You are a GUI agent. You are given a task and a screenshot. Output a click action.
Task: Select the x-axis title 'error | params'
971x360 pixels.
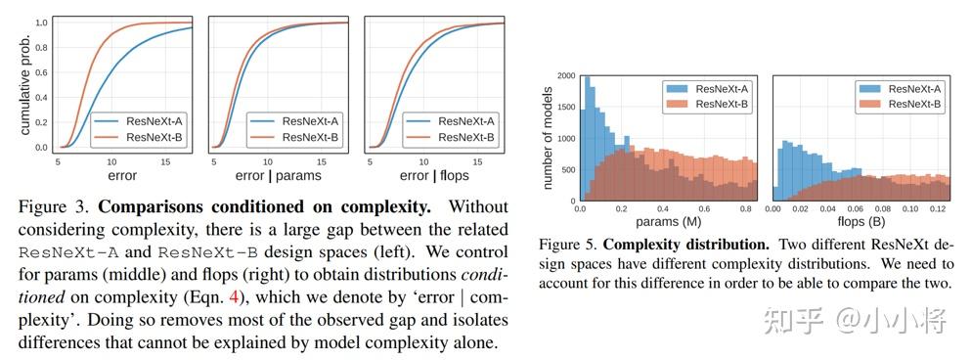pos(278,175)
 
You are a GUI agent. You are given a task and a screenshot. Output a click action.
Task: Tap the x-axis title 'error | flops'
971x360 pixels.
pos(434,175)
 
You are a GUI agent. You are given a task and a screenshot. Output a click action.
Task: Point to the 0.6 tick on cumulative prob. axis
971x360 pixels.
pos(42,72)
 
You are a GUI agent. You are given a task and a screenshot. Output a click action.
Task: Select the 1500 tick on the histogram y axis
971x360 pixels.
pos(565,107)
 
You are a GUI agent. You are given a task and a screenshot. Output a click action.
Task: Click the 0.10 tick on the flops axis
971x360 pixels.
pos(909,210)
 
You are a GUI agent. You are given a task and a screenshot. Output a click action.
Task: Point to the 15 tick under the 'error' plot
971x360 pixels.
pos(165,161)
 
